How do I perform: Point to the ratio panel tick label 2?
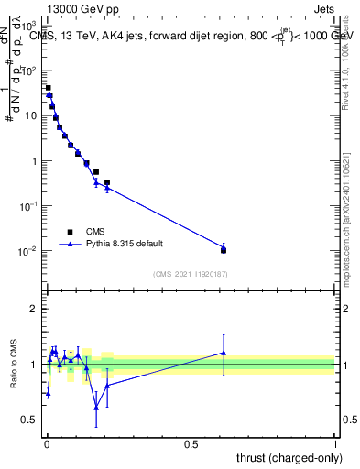pos(36,309)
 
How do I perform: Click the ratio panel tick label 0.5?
pos(31,420)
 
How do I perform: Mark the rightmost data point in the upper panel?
pos(224,249)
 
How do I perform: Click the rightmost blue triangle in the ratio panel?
pos(224,353)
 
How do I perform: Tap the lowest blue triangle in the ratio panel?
pos(96,408)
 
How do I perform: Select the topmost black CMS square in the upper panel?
pos(48,88)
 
